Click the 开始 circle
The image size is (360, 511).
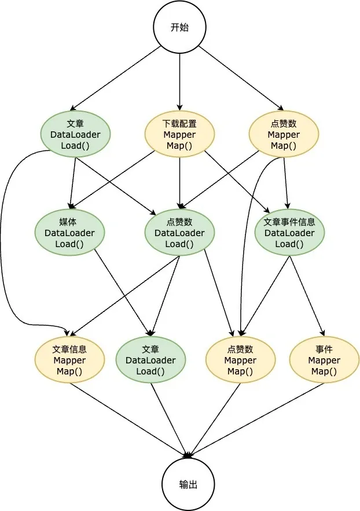(x=179, y=27)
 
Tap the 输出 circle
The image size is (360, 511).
(x=188, y=484)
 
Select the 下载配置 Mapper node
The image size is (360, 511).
(x=179, y=134)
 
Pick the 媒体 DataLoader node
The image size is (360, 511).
(x=69, y=233)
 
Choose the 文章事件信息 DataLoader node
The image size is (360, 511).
(x=289, y=233)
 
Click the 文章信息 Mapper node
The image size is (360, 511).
(x=69, y=360)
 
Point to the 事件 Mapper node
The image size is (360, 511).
(x=324, y=360)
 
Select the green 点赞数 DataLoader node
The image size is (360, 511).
(x=179, y=233)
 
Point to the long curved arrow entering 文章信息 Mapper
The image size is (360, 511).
(x=5, y=243)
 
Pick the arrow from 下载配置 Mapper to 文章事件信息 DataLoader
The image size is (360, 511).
(x=237, y=182)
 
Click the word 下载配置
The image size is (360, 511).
(x=179, y=123)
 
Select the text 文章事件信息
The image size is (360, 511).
(x=289, y=222)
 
